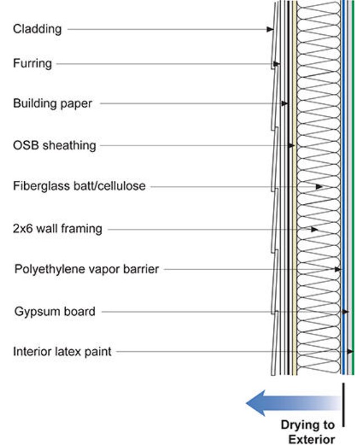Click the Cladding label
click(x=37, y=29)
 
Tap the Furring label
click(x=33, y=63)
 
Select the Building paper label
click(x=53, y=103)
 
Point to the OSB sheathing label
click(x=54, y=146)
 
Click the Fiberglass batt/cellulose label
click(x=79, y=186)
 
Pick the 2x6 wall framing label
click(x=58, y=229)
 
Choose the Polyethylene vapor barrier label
click(x=87, y=269)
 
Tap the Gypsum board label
click(x=54, y=311)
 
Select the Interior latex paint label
click(x=62, y=352)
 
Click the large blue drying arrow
click(x=293, y=403)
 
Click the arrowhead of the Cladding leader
click(x=270, y=29)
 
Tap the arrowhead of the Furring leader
click(x=276, y=64)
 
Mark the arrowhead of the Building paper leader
click(x=285, y=103)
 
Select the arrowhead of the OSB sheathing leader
click(x=291, y=146)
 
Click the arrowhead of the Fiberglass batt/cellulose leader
click(x=319, y=187)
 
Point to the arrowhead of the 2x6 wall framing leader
click(x=315, y=229)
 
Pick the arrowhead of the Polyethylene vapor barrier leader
click(x=338, y=269)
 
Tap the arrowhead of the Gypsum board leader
click(x=345, y=312)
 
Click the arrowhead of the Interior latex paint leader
click(x=350, y=352)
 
